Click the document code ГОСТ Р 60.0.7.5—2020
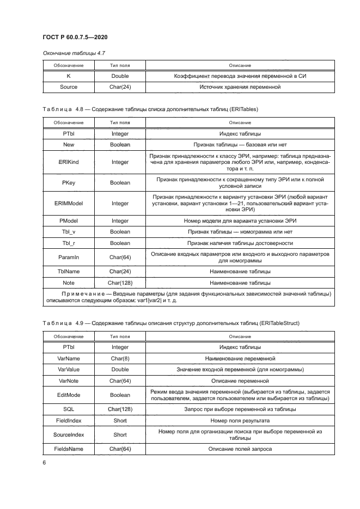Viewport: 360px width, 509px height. click(74, 36)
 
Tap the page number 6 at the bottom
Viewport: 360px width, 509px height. click(45, 462)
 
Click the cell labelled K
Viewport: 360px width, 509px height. click(69, 76)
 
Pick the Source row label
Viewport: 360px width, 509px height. click(69, 87)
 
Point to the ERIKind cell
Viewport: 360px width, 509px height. click(69, 162)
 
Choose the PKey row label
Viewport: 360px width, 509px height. click(69, 183)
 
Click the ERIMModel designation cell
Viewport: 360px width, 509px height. click(69, 203)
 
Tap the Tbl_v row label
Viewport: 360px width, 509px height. click(69, 232)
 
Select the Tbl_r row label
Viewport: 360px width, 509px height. click(69, 243)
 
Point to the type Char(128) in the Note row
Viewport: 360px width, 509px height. click(120, 283)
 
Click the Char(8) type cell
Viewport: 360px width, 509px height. click(120, 359)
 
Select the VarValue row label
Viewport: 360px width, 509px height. click(69, 370)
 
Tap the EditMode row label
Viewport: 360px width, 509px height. click(69, 395)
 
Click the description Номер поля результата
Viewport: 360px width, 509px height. click(236, 420)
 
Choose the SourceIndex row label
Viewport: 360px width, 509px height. click(69, 435)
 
